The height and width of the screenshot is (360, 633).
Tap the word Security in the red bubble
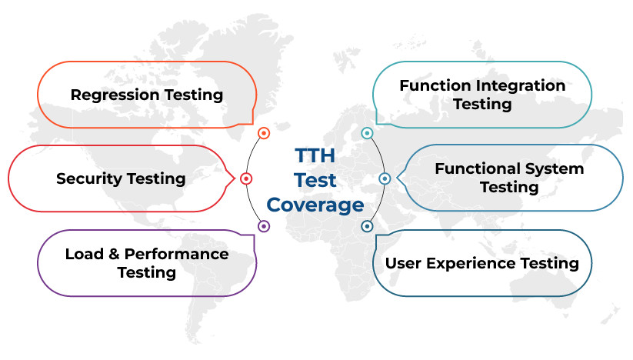click(89, 179)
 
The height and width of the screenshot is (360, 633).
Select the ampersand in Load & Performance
click(114, 254)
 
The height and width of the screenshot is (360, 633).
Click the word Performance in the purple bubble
click(176, 254)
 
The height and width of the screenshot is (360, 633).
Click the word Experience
click(471, 264)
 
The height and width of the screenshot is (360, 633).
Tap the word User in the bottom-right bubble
click(403, 263)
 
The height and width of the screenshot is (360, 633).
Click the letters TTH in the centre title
click(315, 155)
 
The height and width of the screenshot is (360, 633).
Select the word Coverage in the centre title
click(315, 205)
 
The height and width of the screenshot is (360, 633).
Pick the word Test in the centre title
click(315, 180)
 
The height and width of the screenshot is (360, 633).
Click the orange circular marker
click(264, 133)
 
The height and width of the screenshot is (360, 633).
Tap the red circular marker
click(246, 178)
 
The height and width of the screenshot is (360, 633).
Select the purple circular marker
click(264, 226)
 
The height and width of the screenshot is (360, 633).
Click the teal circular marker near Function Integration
click(367, 133)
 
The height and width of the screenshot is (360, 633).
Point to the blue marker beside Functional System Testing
click(385, 178)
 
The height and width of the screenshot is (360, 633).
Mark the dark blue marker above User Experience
click(367, 226)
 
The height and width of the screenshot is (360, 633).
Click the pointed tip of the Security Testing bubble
click(235, 178)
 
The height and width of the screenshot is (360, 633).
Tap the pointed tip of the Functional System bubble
click(397, 178)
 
